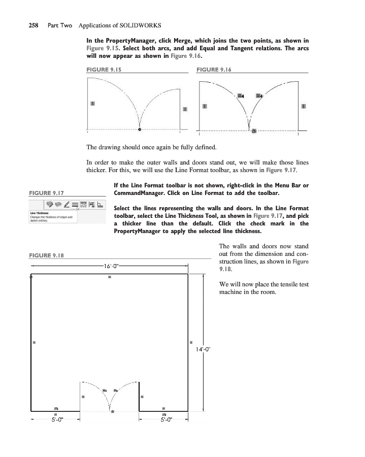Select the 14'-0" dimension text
coord(204,349)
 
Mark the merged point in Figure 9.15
coord(140,129)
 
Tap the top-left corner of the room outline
coord(31,276)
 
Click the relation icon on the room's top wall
coord(110,277)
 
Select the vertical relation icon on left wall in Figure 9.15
coord(92,103)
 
